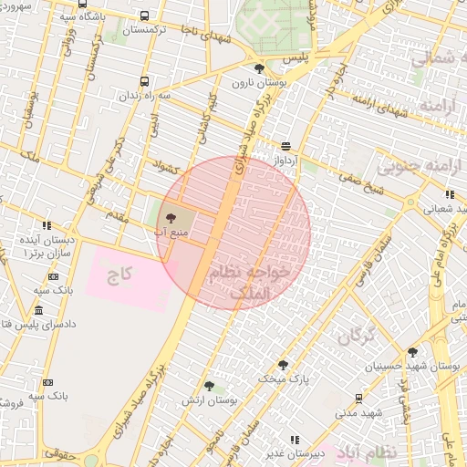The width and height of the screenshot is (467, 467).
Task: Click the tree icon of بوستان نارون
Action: click(259, 68)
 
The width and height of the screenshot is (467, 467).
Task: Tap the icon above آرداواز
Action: click(286, 146)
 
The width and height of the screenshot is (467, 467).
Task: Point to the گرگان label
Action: click(356, 337)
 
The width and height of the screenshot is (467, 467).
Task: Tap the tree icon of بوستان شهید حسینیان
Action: click(412, 352)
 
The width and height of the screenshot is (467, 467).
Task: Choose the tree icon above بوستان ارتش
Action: click(209, 387)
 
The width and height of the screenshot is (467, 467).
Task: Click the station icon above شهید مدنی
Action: click(358, 399)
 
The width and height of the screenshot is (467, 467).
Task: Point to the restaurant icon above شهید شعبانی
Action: click(450, 194)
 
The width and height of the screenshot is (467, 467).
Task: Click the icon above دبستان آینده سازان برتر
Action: click(47, 225)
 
